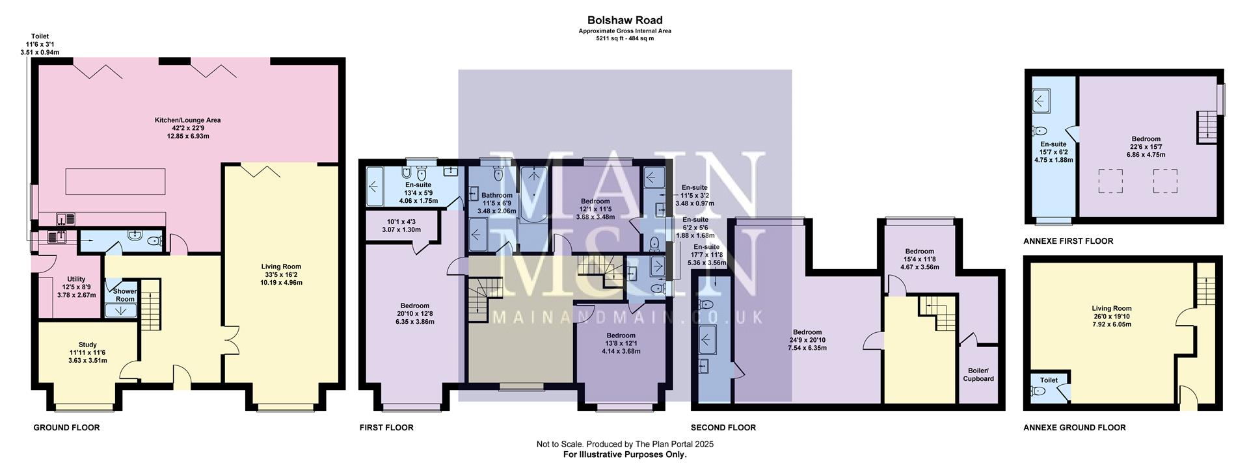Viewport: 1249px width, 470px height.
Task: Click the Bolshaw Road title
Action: [624, 20]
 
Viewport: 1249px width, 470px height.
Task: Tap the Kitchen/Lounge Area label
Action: [187, 120]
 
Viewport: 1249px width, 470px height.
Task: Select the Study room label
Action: [88, 345]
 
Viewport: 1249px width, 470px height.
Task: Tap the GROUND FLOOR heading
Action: [66, 428]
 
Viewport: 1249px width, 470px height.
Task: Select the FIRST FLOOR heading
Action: [386, 428]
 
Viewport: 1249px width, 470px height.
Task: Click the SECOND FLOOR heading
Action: [723, 428]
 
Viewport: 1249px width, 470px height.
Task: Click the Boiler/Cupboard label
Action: [978, 374]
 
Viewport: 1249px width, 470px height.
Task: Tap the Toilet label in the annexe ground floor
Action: [1049, 380]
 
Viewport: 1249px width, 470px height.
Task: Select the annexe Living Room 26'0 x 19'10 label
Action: [1112, 309]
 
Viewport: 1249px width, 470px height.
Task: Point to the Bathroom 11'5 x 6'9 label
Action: [496, 195]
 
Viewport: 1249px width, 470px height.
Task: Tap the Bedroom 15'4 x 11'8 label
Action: [919, 252]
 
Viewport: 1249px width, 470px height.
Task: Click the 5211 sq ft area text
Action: [624, 38]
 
